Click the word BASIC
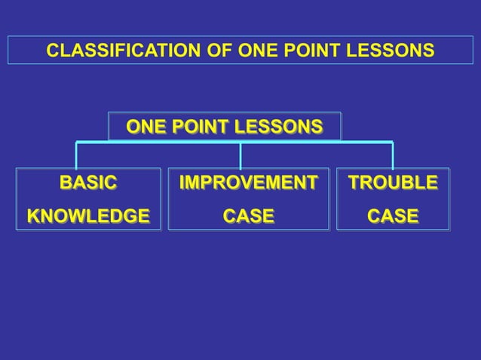coord(88,183)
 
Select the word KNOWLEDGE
coord(88,216)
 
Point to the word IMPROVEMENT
coord(248,183)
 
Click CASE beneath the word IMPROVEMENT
coord(248,216)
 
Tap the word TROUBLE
coord(392,183)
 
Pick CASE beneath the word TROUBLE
coord(392,216)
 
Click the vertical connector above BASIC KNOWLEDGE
coord(76,155)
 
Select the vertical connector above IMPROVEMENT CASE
coord(240,155)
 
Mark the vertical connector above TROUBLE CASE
coord(393,155)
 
